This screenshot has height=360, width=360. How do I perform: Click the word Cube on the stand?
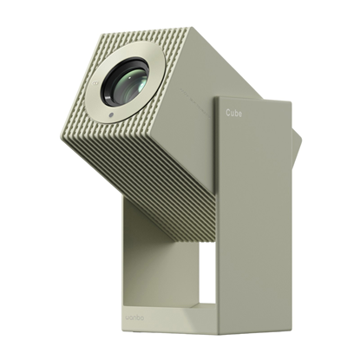(x=237, y=114)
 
